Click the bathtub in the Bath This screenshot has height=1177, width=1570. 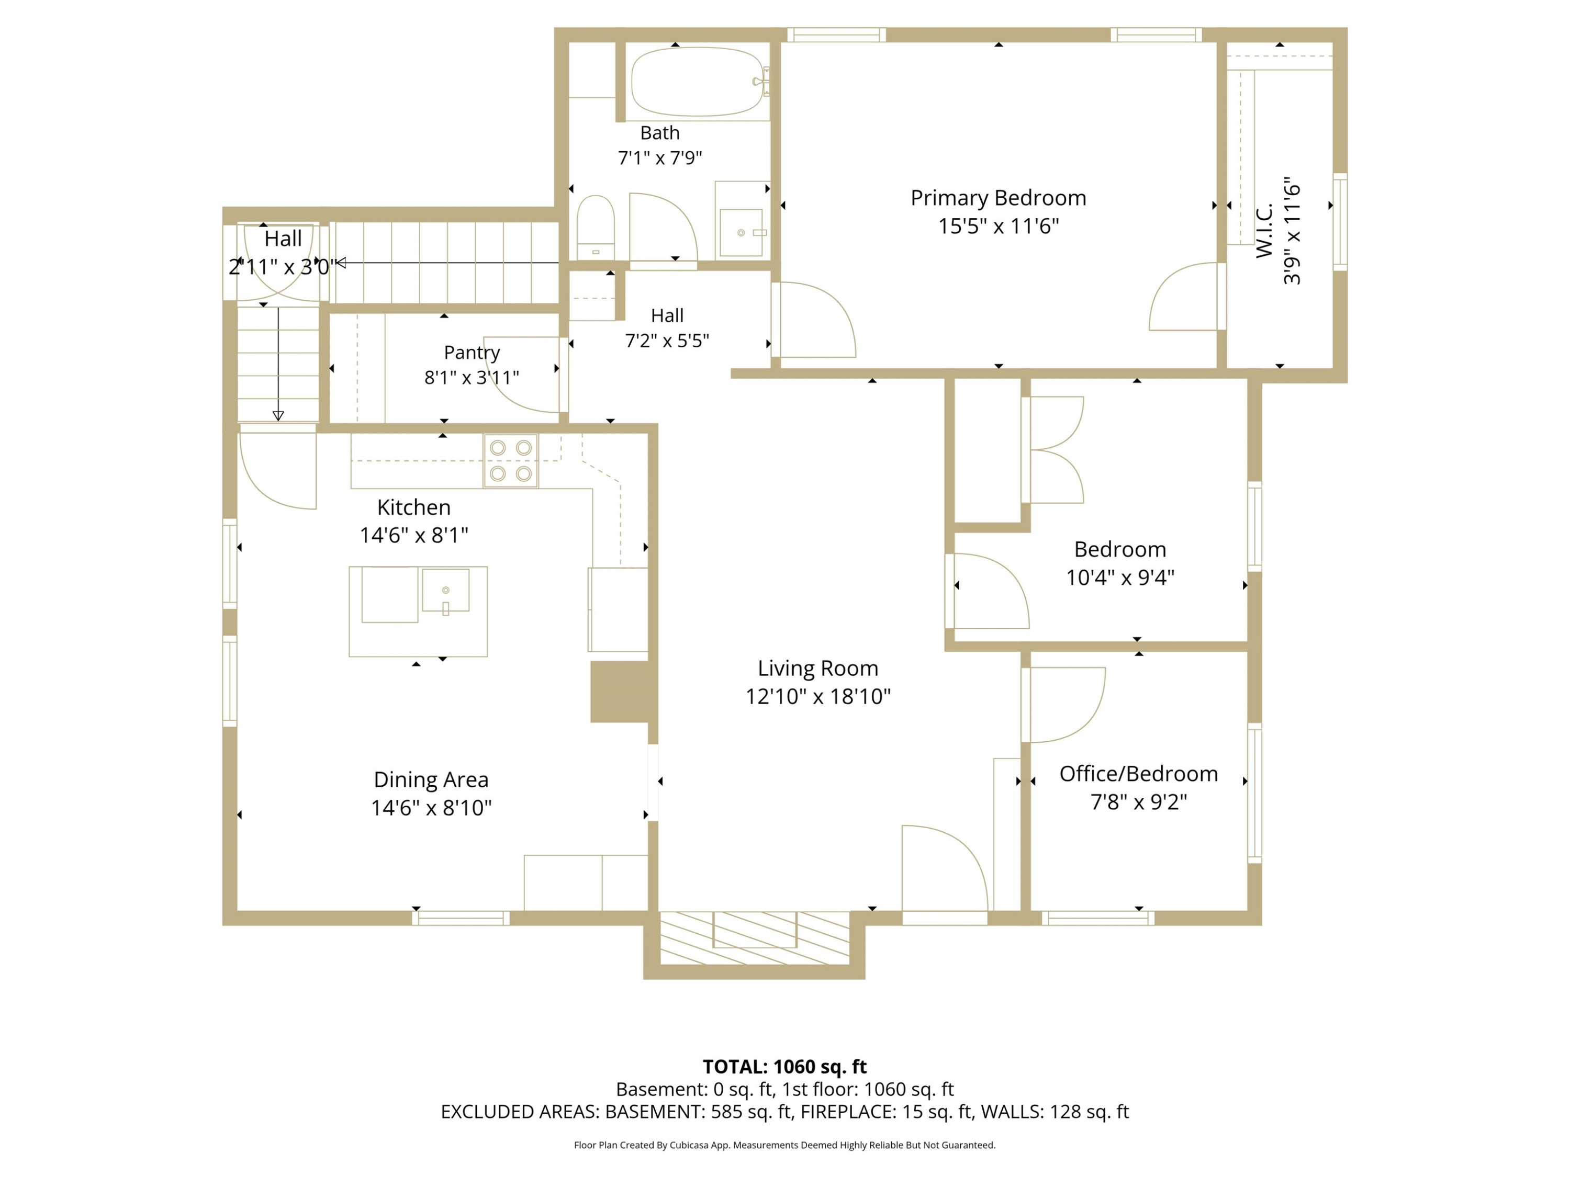(x=698, y=82)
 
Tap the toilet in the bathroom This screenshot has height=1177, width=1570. (x=596, y=227)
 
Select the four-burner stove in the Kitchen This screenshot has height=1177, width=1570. (x=511, y=460)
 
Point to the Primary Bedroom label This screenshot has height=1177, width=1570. (x=998, y=198)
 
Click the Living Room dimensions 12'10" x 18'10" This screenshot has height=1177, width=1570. (x=817, y=696)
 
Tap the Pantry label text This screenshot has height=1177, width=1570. (x=472, y=353)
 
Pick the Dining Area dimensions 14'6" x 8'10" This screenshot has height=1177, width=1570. (x=431, y=807)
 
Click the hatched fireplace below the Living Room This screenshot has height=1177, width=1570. (x=755, y=938)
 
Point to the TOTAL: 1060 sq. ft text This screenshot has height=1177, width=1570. (x=784, y=1066)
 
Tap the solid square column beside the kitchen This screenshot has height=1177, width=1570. (x=620, y=692)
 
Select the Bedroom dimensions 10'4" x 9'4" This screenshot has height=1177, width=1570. (x=1120, y=578)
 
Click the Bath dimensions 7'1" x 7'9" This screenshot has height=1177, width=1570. (x=660, y=157)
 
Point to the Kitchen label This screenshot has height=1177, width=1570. (x=414, y=507)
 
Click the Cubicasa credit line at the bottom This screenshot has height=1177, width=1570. (x=784, y=1145)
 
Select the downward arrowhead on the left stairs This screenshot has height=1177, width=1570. (x=278, y=416)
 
